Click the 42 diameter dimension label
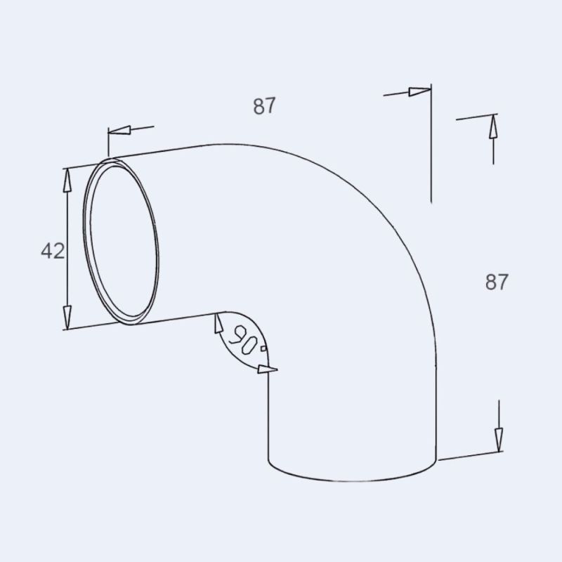click(53, 251)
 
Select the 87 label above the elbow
click(264, 106)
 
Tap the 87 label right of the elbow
click(496, 282)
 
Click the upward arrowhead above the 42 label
click(67, 180)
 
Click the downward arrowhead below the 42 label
click(67, 315)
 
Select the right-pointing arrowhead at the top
click(419, 91)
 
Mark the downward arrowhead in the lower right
click(497, 440)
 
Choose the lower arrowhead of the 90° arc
click(268, 369)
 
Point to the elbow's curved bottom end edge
click(351, 478)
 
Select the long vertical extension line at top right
click(431, 148)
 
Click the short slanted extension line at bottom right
click(471, 456)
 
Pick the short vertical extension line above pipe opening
click(108, 143)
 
